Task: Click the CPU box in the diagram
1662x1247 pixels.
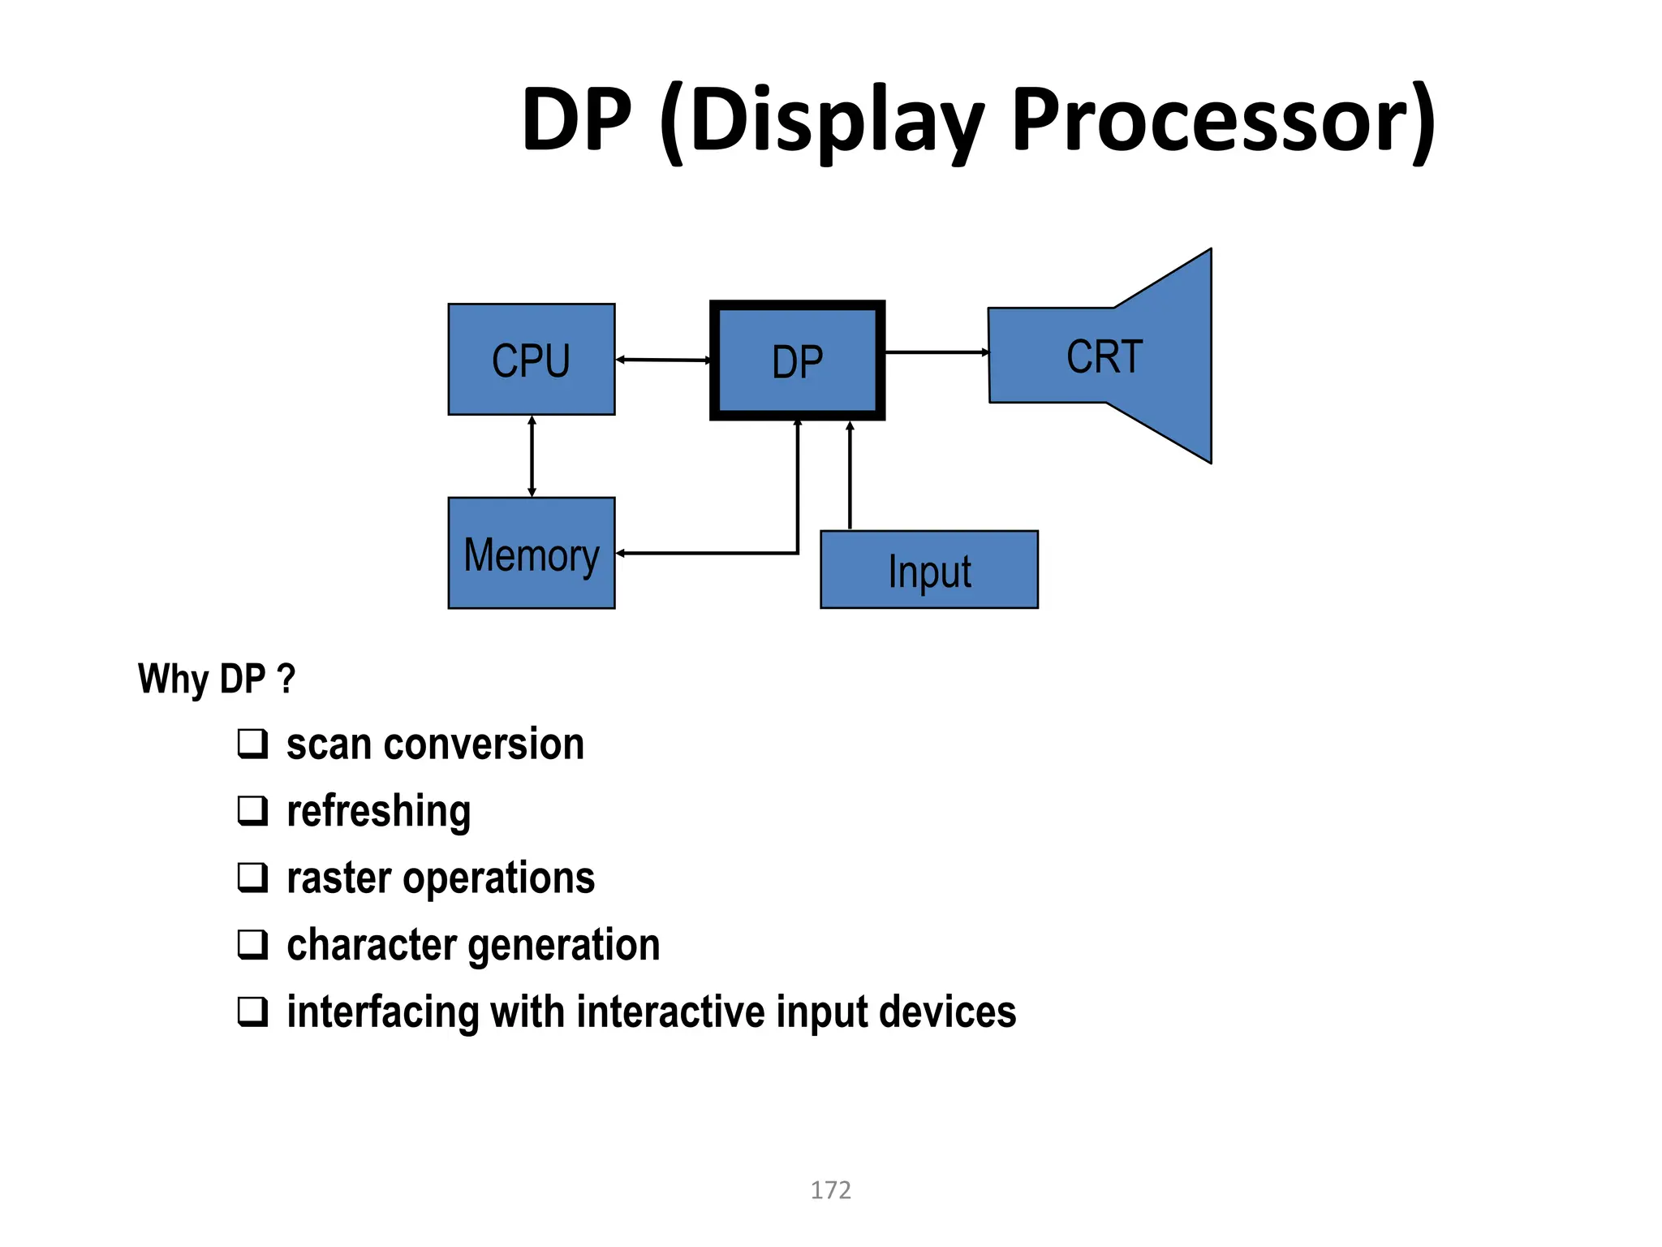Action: [532, 360]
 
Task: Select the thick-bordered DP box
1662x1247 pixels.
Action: [797, 360]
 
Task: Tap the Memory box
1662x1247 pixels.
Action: [532, 553]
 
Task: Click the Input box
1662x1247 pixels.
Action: [929, 570]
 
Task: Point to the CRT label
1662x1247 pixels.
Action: [1104, 357]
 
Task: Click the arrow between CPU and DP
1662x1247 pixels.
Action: [663, 360]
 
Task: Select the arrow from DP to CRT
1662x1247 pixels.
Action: [936, 352]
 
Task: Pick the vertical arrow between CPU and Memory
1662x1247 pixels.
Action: [532, 456]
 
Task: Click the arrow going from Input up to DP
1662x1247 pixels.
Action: [850, 475]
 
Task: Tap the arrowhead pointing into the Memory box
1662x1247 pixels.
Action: [621, 554]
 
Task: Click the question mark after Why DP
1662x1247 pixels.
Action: [286, 678]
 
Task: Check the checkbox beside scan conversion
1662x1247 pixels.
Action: [252, 744]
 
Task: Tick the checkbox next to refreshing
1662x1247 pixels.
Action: [252, 810]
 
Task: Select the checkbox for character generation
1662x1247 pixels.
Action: [252, 944]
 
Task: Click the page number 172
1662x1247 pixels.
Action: [830, 1190]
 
